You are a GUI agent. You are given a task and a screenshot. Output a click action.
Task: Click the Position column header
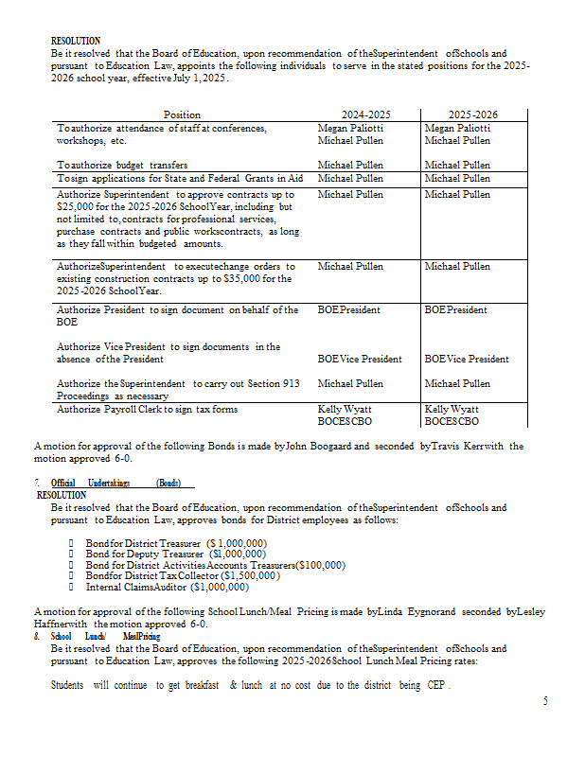point(183,114)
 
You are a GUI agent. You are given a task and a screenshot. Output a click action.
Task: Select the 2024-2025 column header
point(365,114)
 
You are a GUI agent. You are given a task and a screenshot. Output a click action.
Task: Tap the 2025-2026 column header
point(472,114)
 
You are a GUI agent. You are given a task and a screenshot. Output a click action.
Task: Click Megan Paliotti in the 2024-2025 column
point(351,128)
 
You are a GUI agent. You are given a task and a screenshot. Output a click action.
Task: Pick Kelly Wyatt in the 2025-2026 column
point(452,409)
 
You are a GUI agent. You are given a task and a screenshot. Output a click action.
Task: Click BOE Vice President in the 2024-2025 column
point(360,359)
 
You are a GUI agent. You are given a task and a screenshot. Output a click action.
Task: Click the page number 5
point(545,701)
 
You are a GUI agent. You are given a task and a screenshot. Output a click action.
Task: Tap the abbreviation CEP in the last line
point(437,684)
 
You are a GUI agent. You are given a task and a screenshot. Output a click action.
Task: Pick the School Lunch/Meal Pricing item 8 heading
point(106,636)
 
